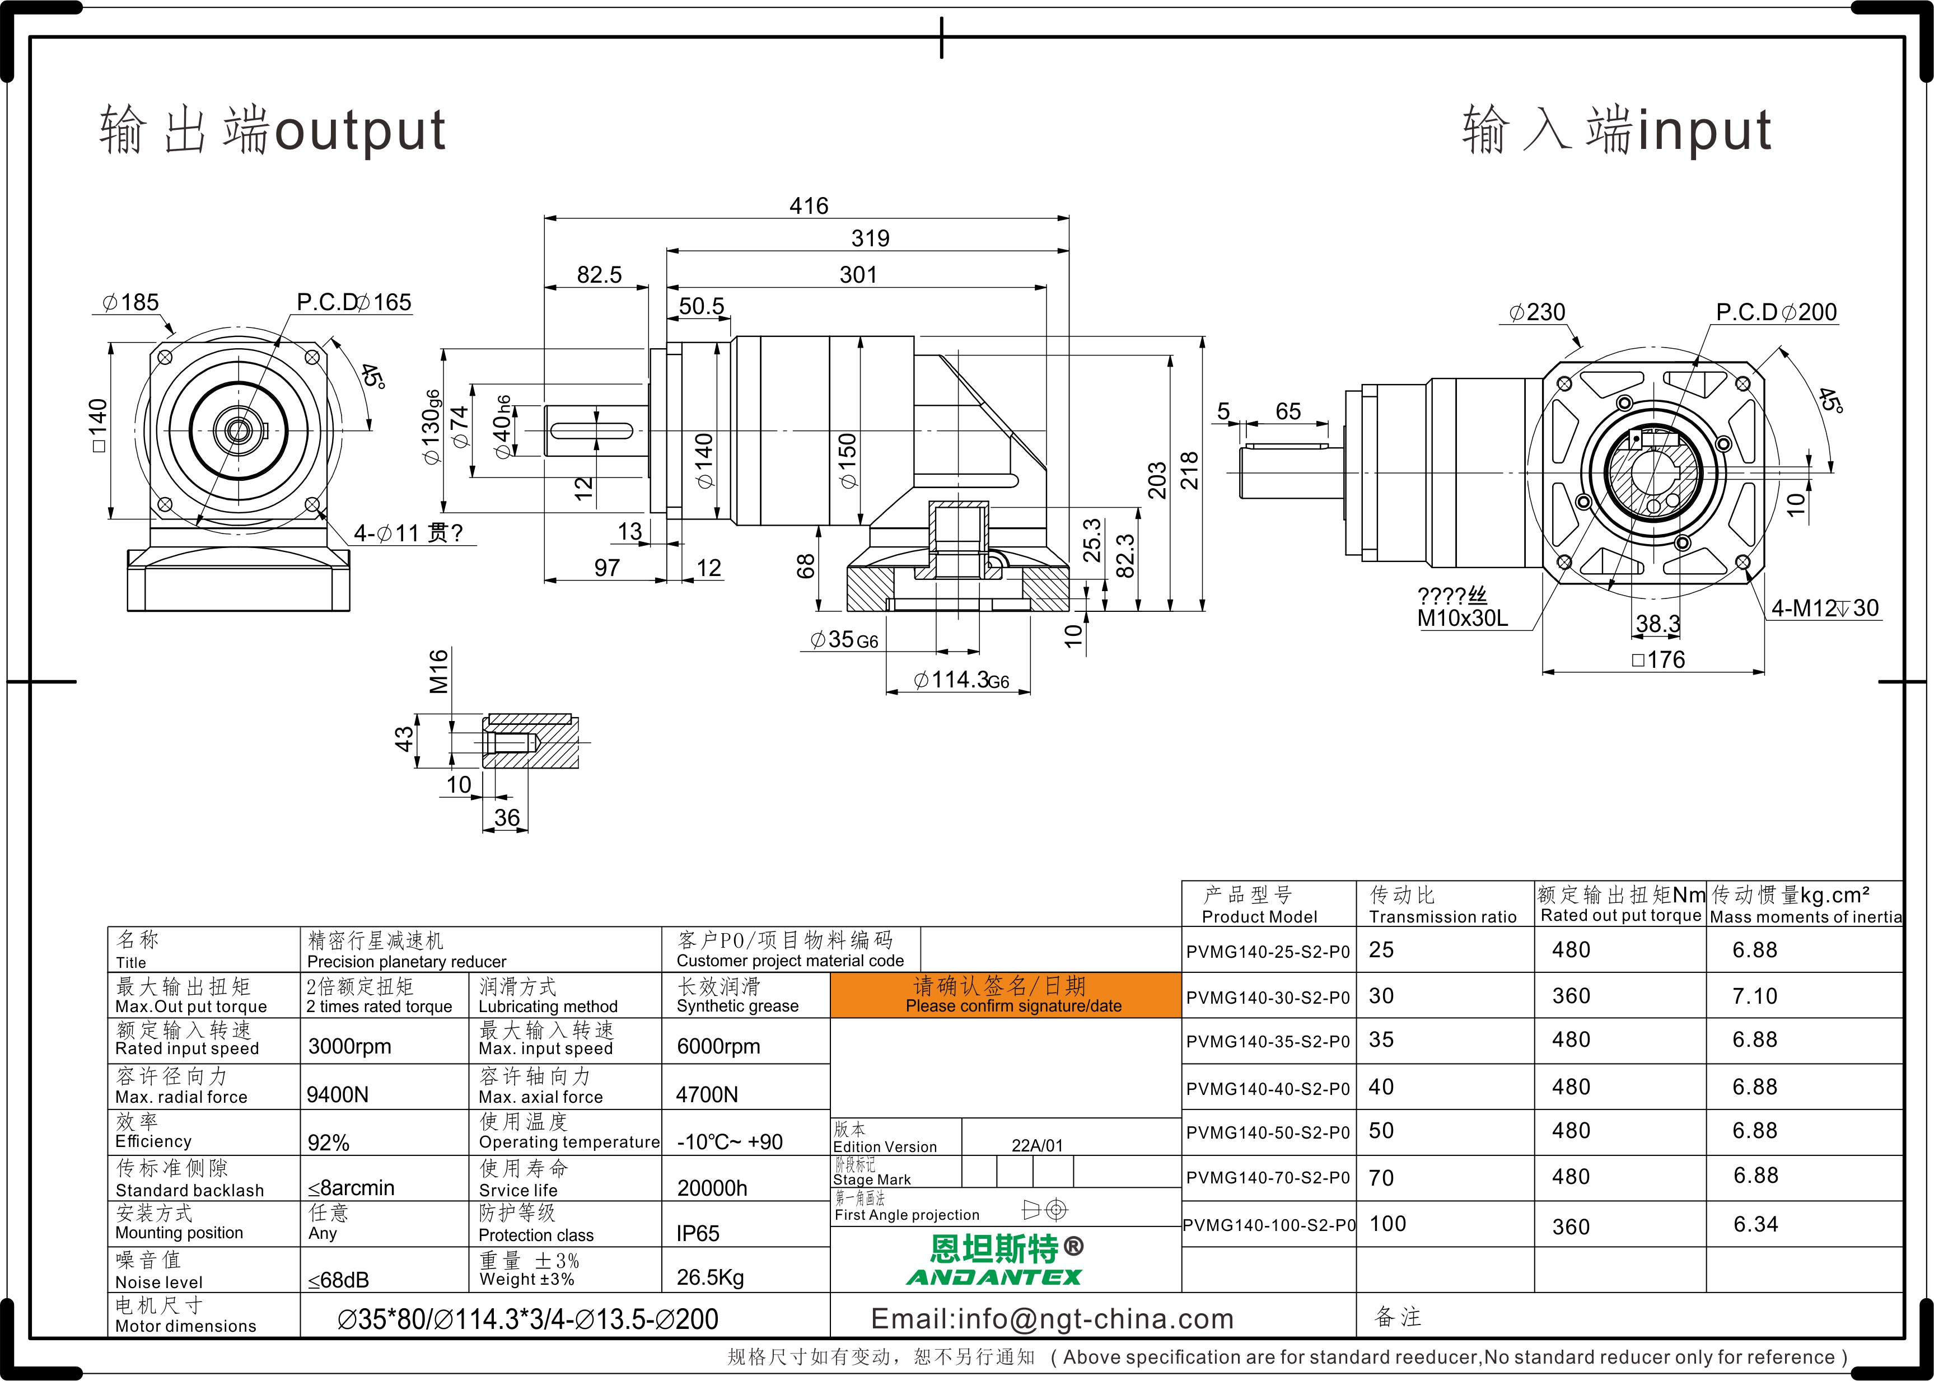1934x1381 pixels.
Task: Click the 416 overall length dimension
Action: click(x=808, y=206)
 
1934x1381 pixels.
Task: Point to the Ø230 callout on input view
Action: click(x=1537, y=312)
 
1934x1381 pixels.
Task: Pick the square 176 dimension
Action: click(x=1659, y=660)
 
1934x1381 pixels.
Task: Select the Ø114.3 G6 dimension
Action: click(x=961, y=680)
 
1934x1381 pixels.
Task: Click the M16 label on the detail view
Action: click(x=438, y=672)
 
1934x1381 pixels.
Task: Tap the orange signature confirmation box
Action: click(x=1005, y=995)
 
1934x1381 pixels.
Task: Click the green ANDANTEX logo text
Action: click(x=994, y=1276)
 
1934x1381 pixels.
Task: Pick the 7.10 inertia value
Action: click(x=1755, y=996)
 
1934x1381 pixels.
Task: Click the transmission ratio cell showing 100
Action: click(x=1388, y=1224)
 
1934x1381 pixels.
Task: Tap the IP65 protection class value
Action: click(x=698, y=1233)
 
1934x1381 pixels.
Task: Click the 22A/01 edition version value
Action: click(x=1037, y=1145)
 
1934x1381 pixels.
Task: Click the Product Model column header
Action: click(x=1260, y=917)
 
